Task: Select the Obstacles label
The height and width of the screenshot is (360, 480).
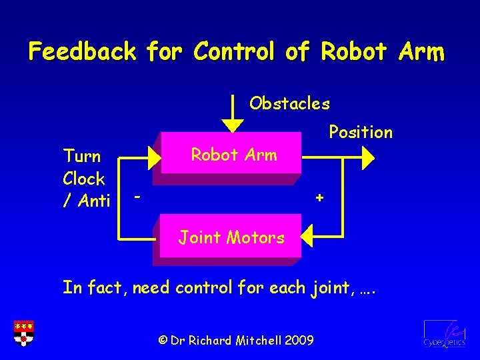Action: click(289, 103)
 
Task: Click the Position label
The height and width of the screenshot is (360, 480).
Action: click(361, 132)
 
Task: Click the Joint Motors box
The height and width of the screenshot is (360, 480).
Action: click(230, 237)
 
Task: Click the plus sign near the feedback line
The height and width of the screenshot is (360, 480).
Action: click(320, 198)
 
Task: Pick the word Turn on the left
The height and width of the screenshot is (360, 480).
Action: click(82, 157)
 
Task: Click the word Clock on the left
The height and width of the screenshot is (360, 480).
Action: click(84, 179)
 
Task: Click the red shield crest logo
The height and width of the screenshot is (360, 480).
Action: click(23, 333)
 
